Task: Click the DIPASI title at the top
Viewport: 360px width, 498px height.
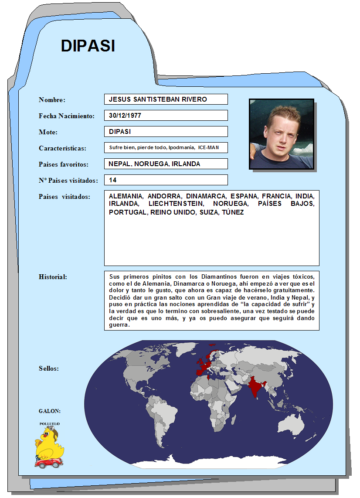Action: click(x=88, y=45)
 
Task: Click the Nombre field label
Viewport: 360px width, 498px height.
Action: click(x=52, y=100)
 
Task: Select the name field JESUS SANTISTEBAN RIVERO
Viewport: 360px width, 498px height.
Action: click(x=166, y=99)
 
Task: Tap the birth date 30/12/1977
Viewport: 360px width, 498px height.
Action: click(x=166, y=116)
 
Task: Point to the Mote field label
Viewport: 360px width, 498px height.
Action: click(x=48, y=132)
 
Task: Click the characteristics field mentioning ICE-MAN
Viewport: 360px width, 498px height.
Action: click(x=166, y=148)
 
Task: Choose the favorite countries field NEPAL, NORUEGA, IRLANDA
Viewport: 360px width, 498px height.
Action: click(x=166, y=164)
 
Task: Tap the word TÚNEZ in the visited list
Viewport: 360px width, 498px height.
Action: click(x=233, y=212)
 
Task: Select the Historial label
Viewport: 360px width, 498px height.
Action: click(x=53, y=277)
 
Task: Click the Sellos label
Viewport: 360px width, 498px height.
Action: click(x=49, y=368)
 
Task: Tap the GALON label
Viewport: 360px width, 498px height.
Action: click(x=50, y=411)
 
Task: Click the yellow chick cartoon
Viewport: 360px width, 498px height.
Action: click(x=49, y=443)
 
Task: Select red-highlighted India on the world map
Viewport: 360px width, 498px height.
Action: click(x=256, y=388)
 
